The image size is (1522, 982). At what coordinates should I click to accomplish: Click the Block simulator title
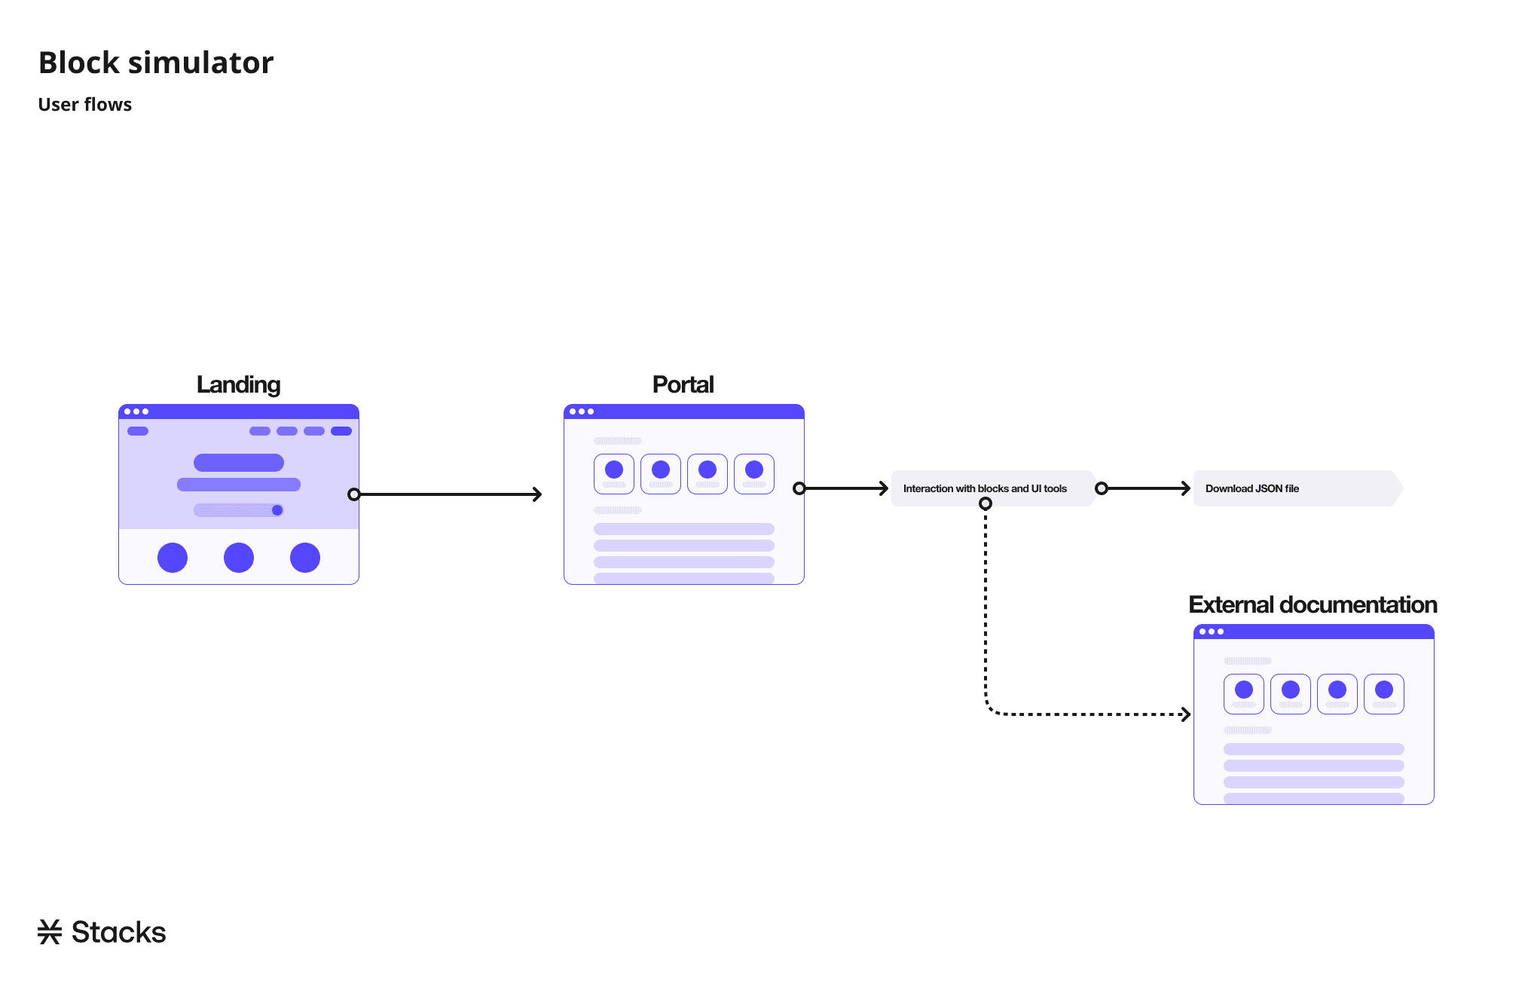click(156, 63)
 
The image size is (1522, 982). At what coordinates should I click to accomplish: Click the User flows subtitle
click(85, 105)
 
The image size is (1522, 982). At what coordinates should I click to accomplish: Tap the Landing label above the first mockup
click(238, 384)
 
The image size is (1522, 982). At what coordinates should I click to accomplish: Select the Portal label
click(683, 384)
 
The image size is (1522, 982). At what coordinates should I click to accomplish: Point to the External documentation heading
click(1313, 604)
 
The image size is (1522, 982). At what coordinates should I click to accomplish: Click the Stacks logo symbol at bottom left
click(50, 932)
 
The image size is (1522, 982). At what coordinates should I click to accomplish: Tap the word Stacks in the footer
click(118, 932)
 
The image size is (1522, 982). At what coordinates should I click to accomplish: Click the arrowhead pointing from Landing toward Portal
click(537, 494)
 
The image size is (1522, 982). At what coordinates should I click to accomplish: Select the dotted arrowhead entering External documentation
click(1186, 714)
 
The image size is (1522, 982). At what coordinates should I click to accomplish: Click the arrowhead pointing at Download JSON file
click(1186, 488)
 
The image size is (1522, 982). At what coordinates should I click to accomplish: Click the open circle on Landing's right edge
click(354, 494)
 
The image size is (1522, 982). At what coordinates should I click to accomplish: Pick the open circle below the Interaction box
click(986, 503)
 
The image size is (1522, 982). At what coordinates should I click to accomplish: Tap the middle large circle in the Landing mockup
click(239, 558)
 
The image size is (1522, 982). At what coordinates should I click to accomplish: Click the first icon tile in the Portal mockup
click(614, 474)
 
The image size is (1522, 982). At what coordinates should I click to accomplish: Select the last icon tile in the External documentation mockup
click(1384, 694)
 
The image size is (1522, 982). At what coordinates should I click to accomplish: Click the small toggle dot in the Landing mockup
click(277, 510)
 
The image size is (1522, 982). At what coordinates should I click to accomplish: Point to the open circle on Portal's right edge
click(799, 488)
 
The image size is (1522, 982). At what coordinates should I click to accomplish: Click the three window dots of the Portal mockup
click(582, 411)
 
